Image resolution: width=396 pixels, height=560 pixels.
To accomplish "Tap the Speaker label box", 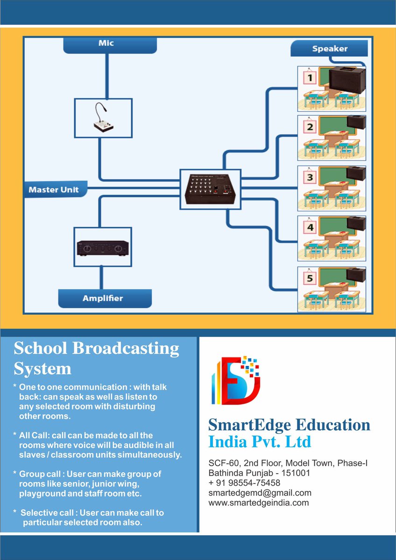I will point(330,49).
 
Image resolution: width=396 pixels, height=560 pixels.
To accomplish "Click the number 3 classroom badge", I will point(310,178).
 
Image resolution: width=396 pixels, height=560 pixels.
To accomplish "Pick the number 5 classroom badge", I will point(310,279).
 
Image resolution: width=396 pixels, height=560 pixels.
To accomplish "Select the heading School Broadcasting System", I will point(96,358).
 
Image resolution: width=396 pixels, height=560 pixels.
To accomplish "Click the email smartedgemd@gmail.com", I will point(260,493).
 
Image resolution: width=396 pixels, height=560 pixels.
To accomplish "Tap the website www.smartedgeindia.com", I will point(258,503).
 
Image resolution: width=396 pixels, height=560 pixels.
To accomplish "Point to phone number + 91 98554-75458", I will point(244,483).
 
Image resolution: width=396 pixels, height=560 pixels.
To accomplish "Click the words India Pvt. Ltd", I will point(259,441).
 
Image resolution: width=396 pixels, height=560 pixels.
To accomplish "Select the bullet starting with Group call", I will point(89,483).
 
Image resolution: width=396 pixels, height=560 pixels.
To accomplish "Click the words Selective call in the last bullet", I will point(45,513).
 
